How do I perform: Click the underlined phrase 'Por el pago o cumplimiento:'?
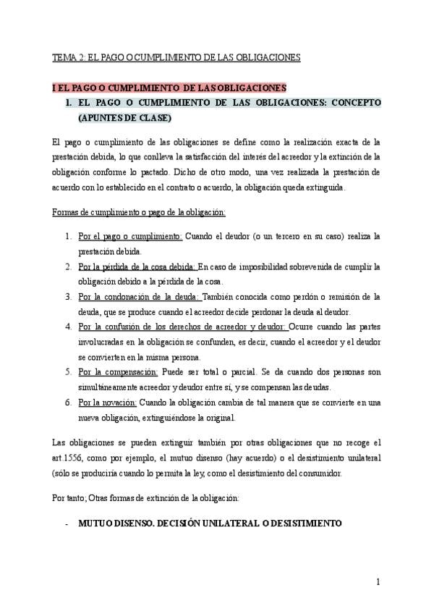pyautogui.click(x=130, y=236)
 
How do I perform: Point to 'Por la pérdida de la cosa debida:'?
pyautogui.click(x=137, y=266)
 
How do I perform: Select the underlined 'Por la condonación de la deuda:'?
pyautogui.click(x=139, y=297)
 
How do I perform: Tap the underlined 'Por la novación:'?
pyautogui.click(x=107, y=403)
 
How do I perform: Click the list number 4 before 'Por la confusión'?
pyautogui.click(x=67, y=327)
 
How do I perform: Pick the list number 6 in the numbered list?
pyautogui.click(x=67, y=403)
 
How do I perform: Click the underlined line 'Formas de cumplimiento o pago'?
pyautogui.click(x=140, y=212)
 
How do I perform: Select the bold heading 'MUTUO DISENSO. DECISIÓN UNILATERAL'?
pyautogui.click(x=210, y=522)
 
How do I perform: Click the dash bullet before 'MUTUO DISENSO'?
pyautogui.click(x=67, y=522)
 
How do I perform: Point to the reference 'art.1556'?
pyautogui.click(x=69, y=458)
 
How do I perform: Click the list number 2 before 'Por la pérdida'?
pyautogui.click(x=67, y=266)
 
